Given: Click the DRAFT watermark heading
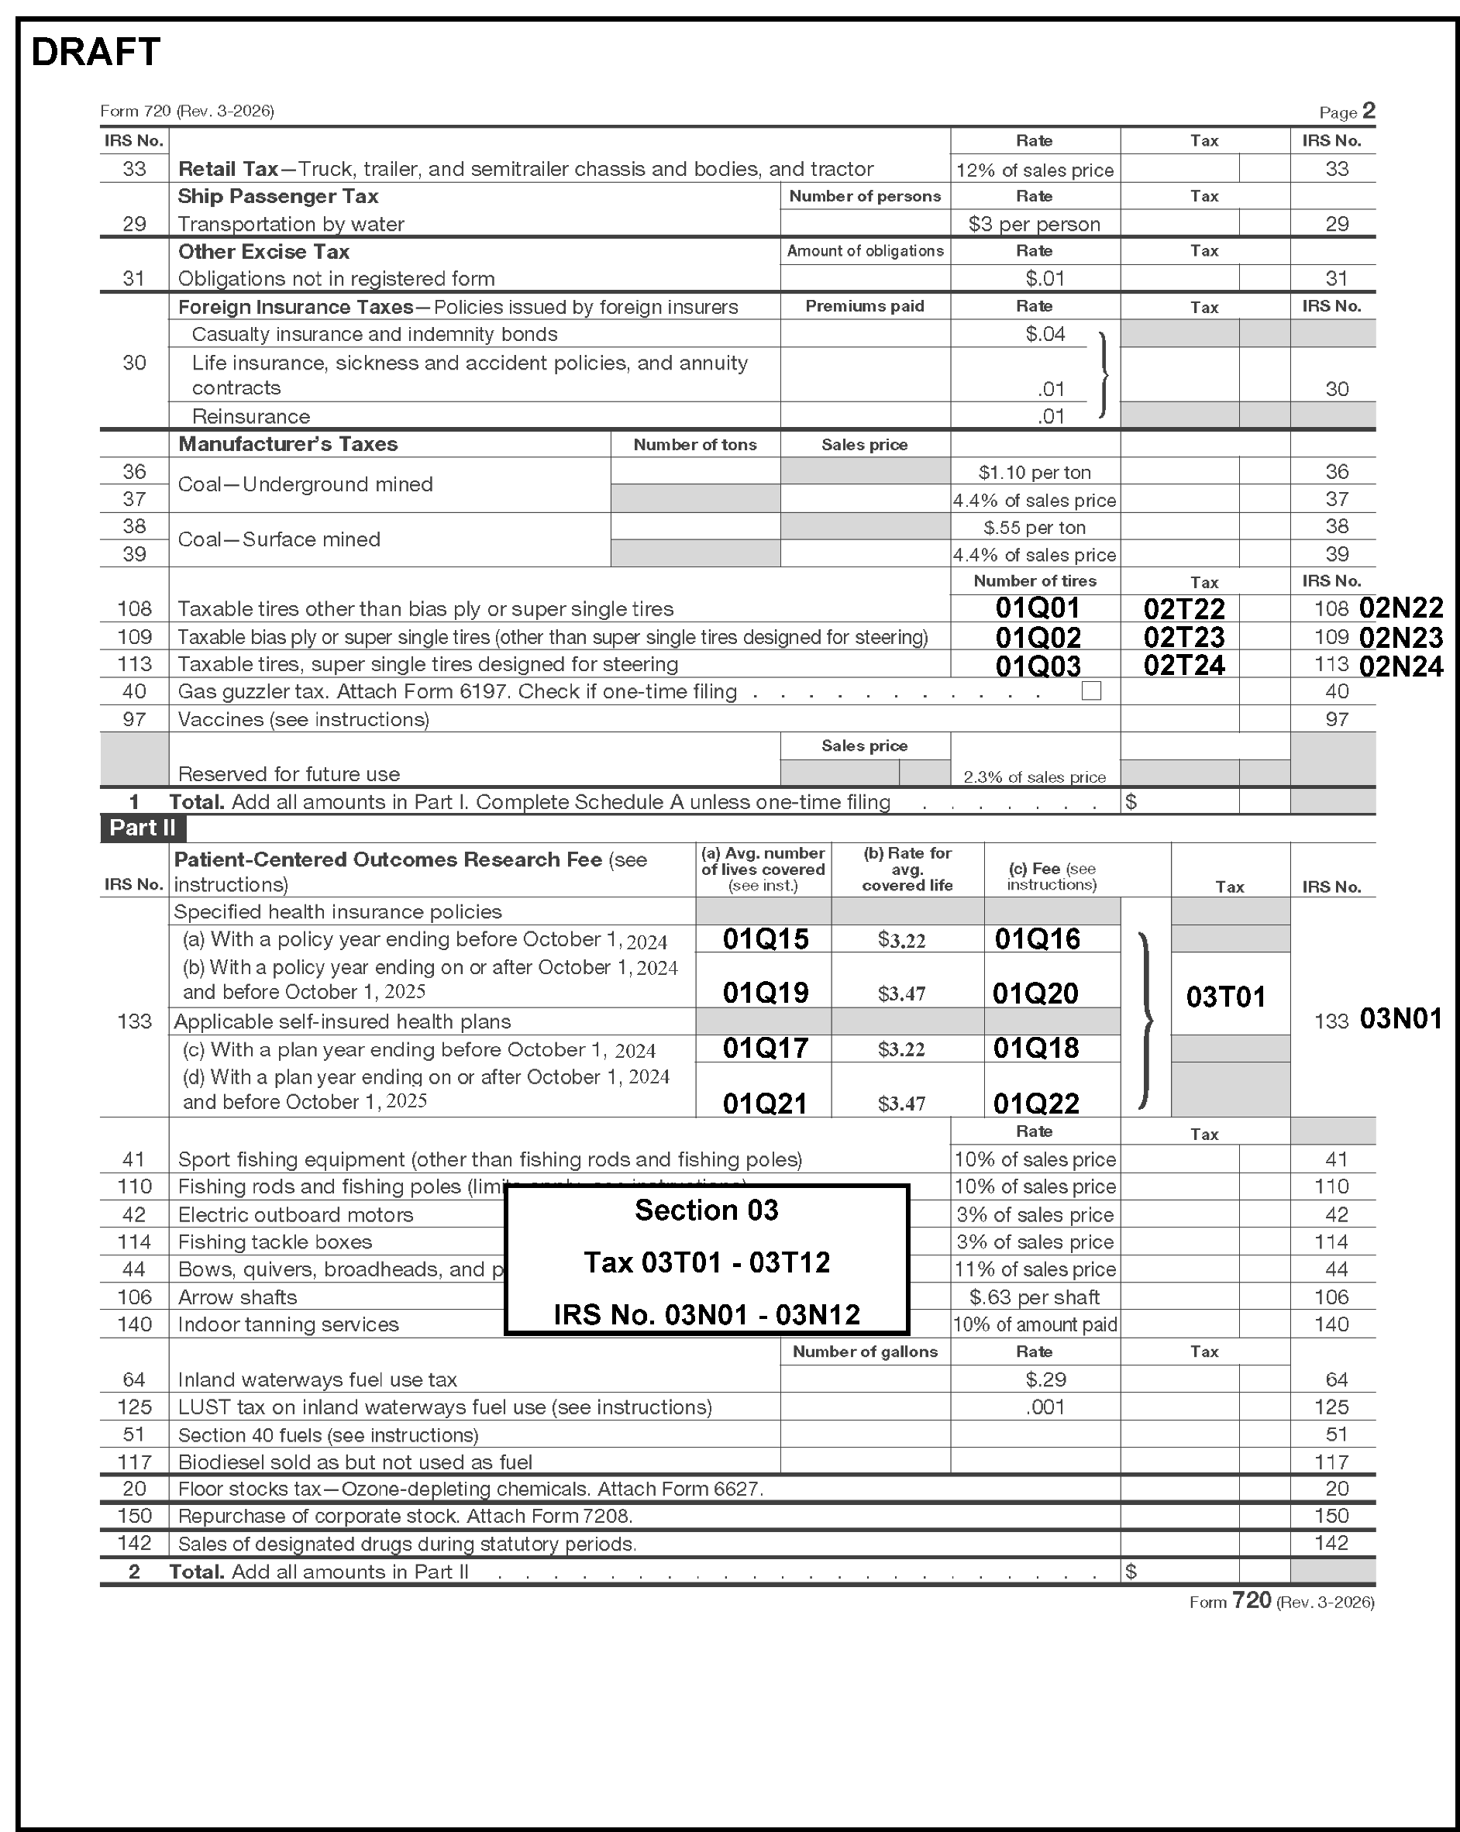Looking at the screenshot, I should coord(95,53).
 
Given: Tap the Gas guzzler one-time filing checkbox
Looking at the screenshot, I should coord(1091,690).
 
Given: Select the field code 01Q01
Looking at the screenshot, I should coord(1037,608).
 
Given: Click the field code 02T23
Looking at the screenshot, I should coord(1184,637).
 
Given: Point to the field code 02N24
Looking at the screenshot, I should coord(1400,666).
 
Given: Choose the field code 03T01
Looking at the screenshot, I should coord(1225,997).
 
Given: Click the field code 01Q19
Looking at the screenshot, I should coord(765,993).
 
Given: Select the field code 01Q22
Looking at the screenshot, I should coord(1036,1104).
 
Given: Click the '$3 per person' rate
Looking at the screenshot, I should coord(1035,224).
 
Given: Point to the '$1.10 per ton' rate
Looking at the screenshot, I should coord(1035,473).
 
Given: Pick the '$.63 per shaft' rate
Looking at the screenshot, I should coord(1035,1297).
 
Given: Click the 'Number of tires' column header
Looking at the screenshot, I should coord(1035,581).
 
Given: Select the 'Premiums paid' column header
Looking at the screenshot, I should coord(864,307).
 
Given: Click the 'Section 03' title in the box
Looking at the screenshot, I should coord(706,1210).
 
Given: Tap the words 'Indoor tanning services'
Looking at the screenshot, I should coord(288,1324).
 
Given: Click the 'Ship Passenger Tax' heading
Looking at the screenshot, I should coord(278,196).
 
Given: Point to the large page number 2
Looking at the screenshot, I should coord(1369,111).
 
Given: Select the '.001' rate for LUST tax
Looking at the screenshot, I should coord(1045,1407).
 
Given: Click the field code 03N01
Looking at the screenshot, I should coord(1400,1019).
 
